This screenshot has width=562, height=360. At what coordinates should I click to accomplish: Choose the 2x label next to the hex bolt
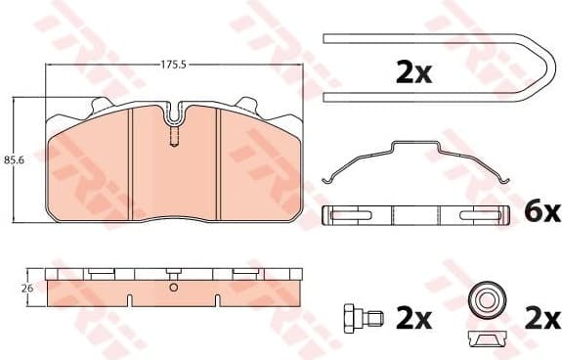[414, 318]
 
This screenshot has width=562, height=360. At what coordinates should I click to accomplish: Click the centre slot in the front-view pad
[173, 133]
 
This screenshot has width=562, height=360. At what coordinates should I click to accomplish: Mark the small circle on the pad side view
[173, 288]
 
